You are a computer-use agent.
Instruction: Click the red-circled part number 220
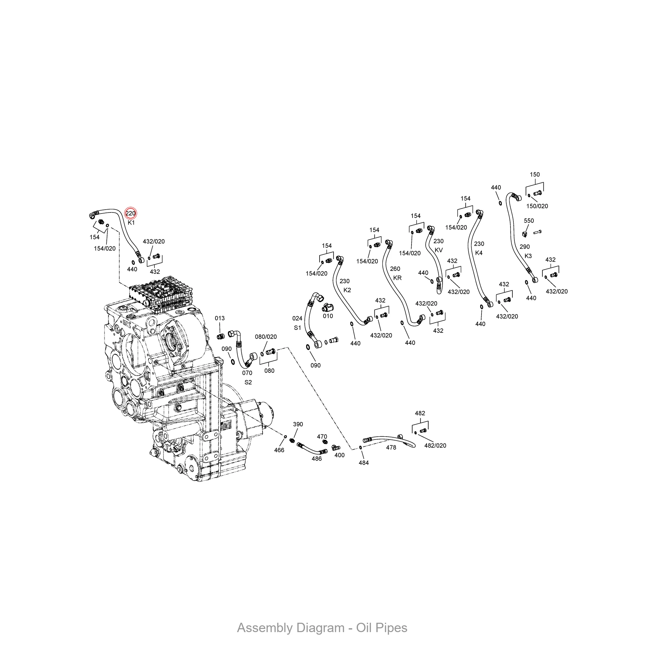(x=131, y=213)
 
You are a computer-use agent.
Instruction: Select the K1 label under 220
(x=131, y=223)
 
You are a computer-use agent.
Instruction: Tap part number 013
(x=220, y=318)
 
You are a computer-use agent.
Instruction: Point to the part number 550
(x=529, y=221)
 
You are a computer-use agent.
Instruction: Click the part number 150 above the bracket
(x=535, y=174)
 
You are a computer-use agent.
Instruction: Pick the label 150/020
(x=537, y=206)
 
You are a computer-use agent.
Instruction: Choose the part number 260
(x=395, y=269)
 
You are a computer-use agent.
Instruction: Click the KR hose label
(x=397, y=278)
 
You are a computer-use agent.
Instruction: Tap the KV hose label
(x=439, y=250)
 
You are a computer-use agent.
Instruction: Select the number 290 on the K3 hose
(x=525, y=247)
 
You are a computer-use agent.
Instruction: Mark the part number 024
(x=297, y=319)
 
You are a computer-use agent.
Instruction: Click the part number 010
(x=328, y=316)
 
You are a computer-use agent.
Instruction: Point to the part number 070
(x=247, y=373)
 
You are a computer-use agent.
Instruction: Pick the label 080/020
(x=266, y=337)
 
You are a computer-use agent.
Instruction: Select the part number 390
(x=298, y=424)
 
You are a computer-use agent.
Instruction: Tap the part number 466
(x=279, y=450)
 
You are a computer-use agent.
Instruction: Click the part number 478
(x=391, y=447)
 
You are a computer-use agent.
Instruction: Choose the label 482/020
(x=435, y=445)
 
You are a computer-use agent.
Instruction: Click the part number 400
(x=340, y=455)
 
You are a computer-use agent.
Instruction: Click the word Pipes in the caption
(x=391, y=628)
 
